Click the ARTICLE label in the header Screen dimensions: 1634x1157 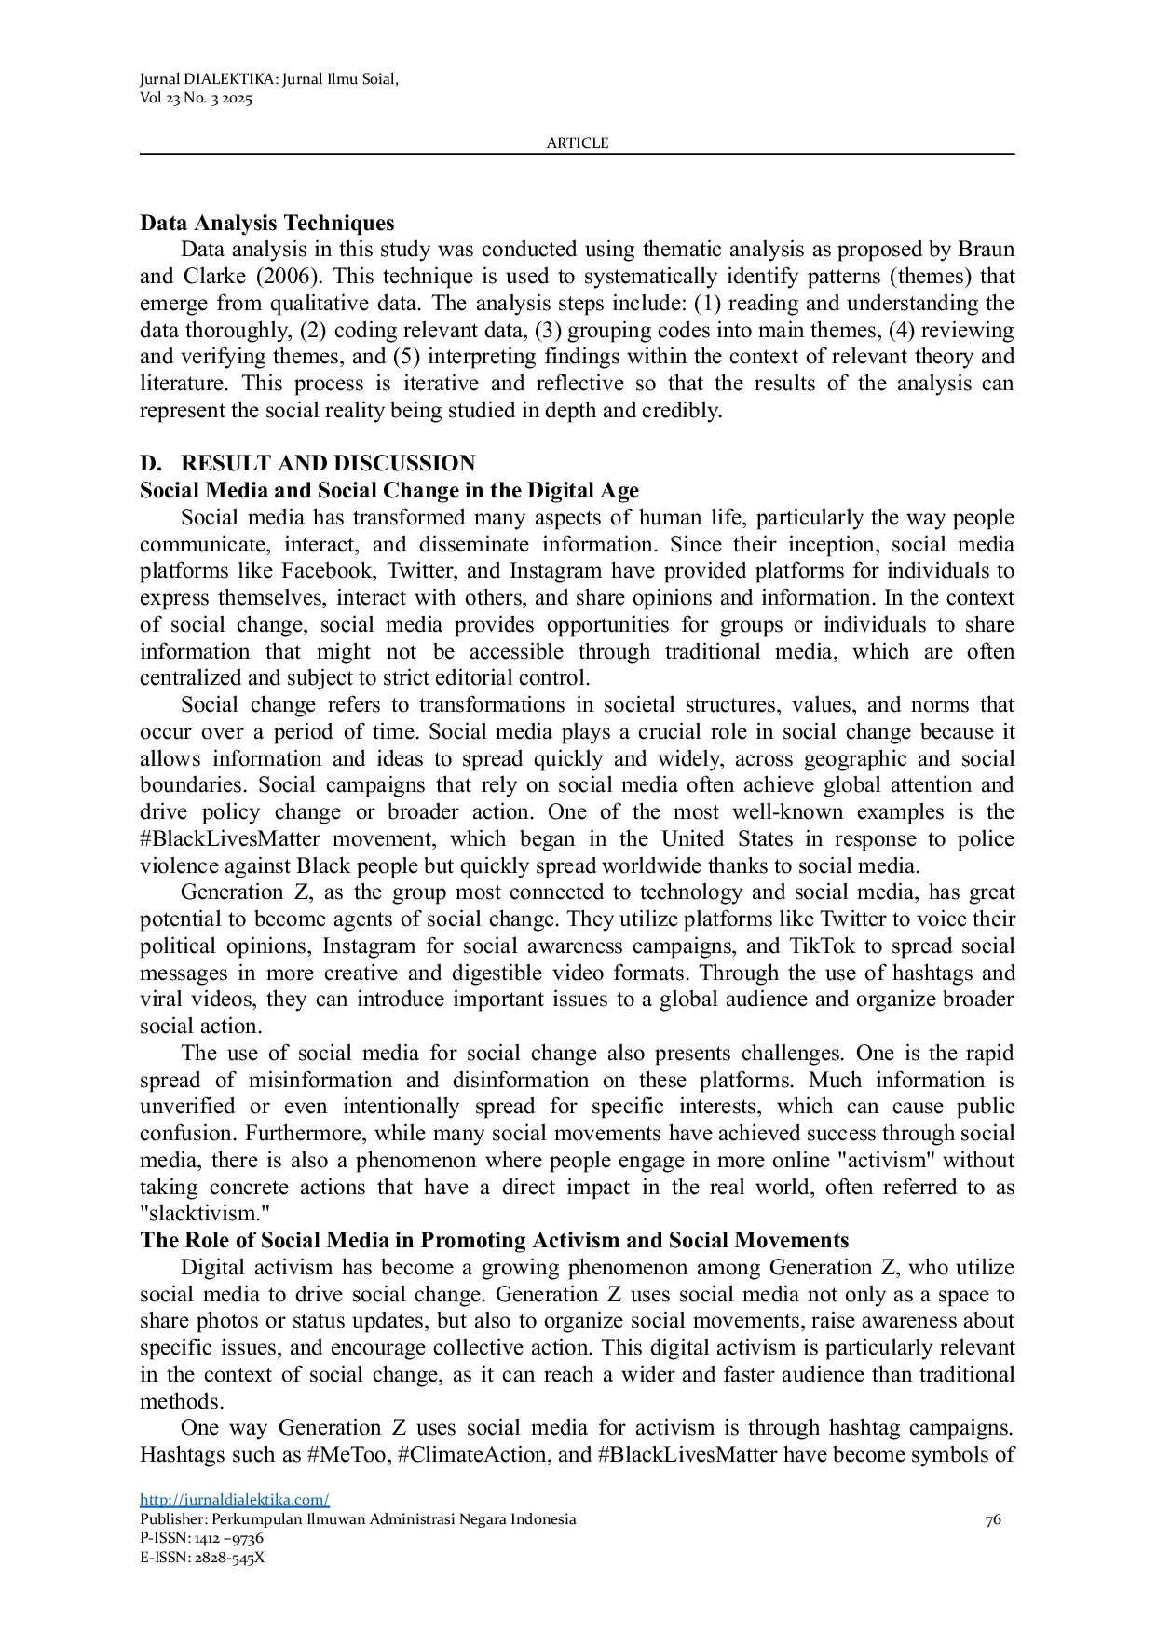577,143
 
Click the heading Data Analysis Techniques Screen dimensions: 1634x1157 266,224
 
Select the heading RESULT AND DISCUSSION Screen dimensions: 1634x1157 327,464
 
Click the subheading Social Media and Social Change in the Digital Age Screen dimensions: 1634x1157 389,491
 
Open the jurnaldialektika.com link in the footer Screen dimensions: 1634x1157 235,1500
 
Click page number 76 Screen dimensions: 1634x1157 993,1519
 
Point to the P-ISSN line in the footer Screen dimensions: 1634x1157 201,1538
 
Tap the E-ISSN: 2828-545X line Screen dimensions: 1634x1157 202,1557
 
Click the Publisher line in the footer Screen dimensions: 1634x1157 358,1519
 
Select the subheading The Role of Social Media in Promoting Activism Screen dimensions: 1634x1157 494,1242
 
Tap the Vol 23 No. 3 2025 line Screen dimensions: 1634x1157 196,99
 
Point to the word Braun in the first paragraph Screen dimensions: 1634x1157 986,250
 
